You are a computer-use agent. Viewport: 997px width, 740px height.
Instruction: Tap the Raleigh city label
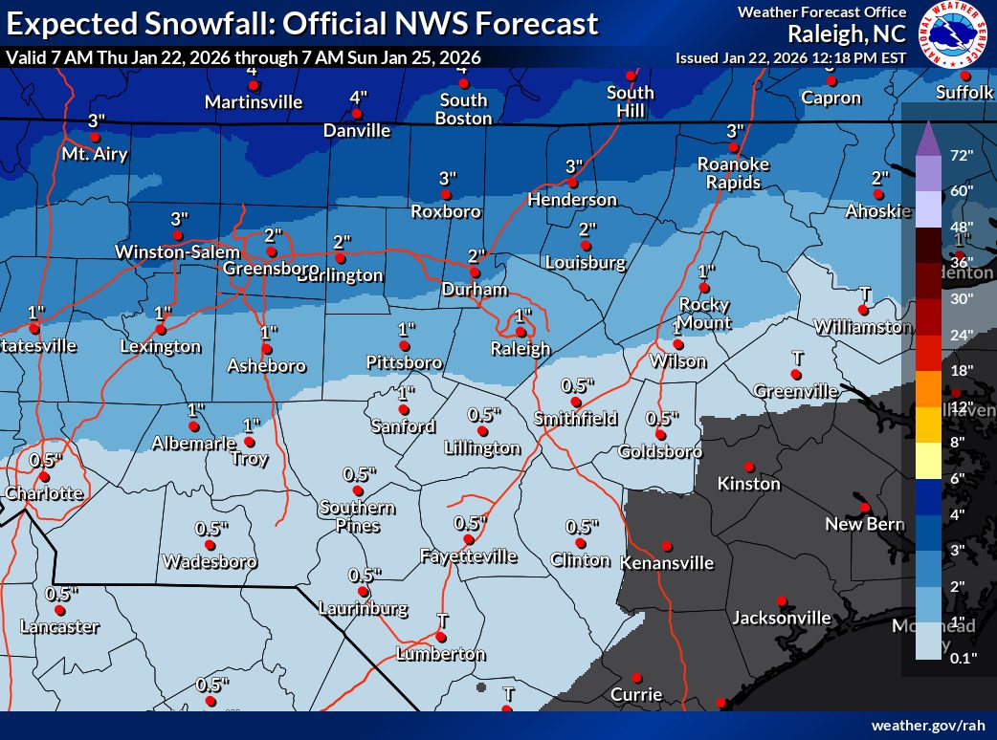coord(521,348)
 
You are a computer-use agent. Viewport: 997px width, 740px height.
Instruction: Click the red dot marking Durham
coord(475,272)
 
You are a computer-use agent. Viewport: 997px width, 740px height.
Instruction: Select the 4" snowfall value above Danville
coord(359,98)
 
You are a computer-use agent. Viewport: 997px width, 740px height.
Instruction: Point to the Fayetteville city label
coord(469,555)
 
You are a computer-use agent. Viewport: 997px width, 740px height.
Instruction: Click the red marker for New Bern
coord(864,507)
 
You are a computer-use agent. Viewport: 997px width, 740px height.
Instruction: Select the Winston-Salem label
coord(176,251)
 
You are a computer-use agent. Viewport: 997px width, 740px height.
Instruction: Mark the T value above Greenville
coord(796,357)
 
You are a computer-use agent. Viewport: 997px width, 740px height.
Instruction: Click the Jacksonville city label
coord(781,618)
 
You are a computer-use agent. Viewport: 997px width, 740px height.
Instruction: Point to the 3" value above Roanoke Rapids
coord(735,131)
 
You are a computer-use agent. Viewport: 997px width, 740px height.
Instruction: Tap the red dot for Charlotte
coord(44,476)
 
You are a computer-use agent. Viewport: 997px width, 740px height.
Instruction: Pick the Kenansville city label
coord(666,562)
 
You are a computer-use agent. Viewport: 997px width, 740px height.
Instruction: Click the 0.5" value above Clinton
coord(582,527)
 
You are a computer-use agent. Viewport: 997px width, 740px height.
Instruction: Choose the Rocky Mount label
coord(705,313)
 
